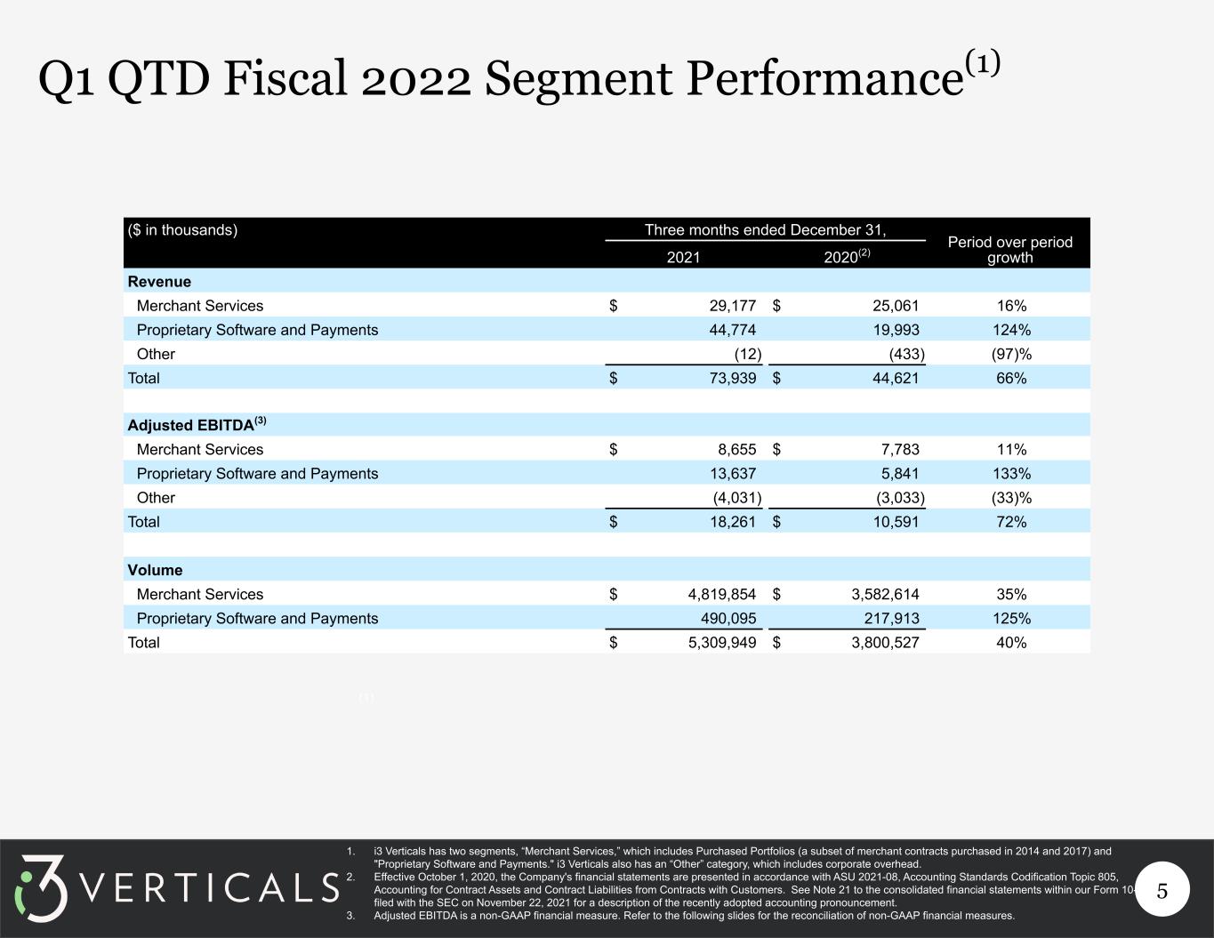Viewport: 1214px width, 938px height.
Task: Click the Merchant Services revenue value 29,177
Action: (x=732, y=306)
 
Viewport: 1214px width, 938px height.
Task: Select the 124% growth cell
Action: (x=1011, y=330)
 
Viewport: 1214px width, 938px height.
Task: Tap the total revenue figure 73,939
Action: (x=733, y=378)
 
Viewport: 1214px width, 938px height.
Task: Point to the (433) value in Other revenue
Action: (x=907, y=354)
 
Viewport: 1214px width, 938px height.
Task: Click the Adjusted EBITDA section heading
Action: (x=197, y=424)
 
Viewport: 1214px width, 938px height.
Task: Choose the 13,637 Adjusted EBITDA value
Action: (x=733, y=474)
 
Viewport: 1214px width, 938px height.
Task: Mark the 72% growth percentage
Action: (x=1011, y=522)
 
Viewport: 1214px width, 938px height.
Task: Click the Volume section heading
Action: (x=155, y=570)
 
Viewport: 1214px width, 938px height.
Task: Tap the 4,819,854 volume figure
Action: (x=722, y=594)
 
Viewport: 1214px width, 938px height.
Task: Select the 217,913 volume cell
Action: (x=891, y=618)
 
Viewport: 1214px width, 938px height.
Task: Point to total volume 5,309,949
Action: (x=722, y=642)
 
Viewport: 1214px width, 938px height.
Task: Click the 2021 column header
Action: (x=683, y=257)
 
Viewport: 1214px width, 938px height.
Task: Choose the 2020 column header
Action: (x=847, y=256)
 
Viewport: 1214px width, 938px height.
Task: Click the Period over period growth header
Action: (x=1010, y=250)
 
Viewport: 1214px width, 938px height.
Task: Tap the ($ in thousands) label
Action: (x=182, y=230)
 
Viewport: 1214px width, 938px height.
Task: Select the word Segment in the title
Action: (x=578, y=80)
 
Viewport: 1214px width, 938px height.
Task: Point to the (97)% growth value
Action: (x=1011, y=354)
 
